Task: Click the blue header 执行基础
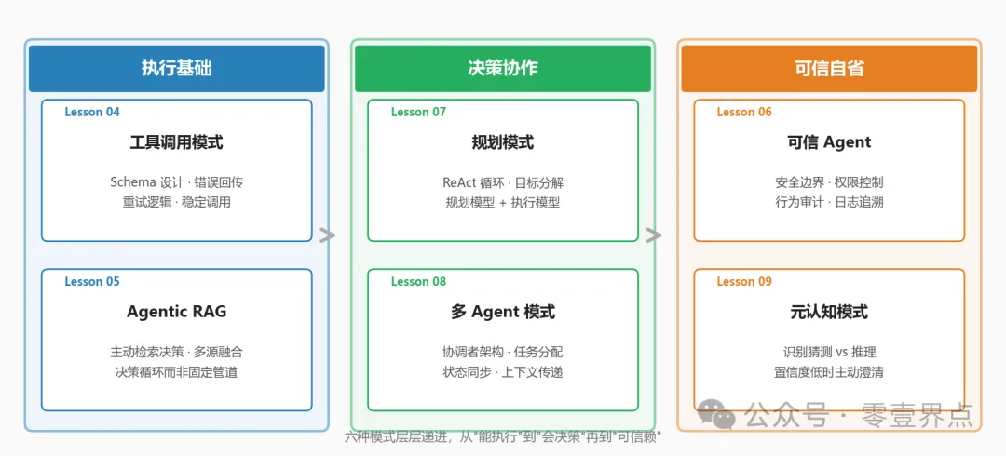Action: (x=177, y=68)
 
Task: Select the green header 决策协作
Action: (x=503, y=68)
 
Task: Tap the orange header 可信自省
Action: (x=829, y=68)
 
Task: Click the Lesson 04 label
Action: (x=92, y=112)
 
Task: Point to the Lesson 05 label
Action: (x=92, y=281)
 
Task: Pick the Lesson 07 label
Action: (x=418, y=112)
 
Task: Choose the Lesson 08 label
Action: (x=418, y=281)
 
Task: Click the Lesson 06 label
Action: (x=744, y=112)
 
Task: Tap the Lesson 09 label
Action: (x=744, y=281)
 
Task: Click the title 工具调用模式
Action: (x=177, y=142)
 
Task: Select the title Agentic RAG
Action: (x=177, y=312)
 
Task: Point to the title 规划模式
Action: (x=503, y=142)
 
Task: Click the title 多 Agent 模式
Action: (x=503, y=312)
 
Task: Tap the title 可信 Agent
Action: (x=829, y=142)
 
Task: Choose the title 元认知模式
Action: (x=829, y=312)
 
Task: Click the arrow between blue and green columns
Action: (x=327, y=235)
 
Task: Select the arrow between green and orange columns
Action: (x=654, y=235)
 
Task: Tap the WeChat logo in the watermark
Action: (x=717, y=414)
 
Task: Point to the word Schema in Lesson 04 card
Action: (x=133, y=182)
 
